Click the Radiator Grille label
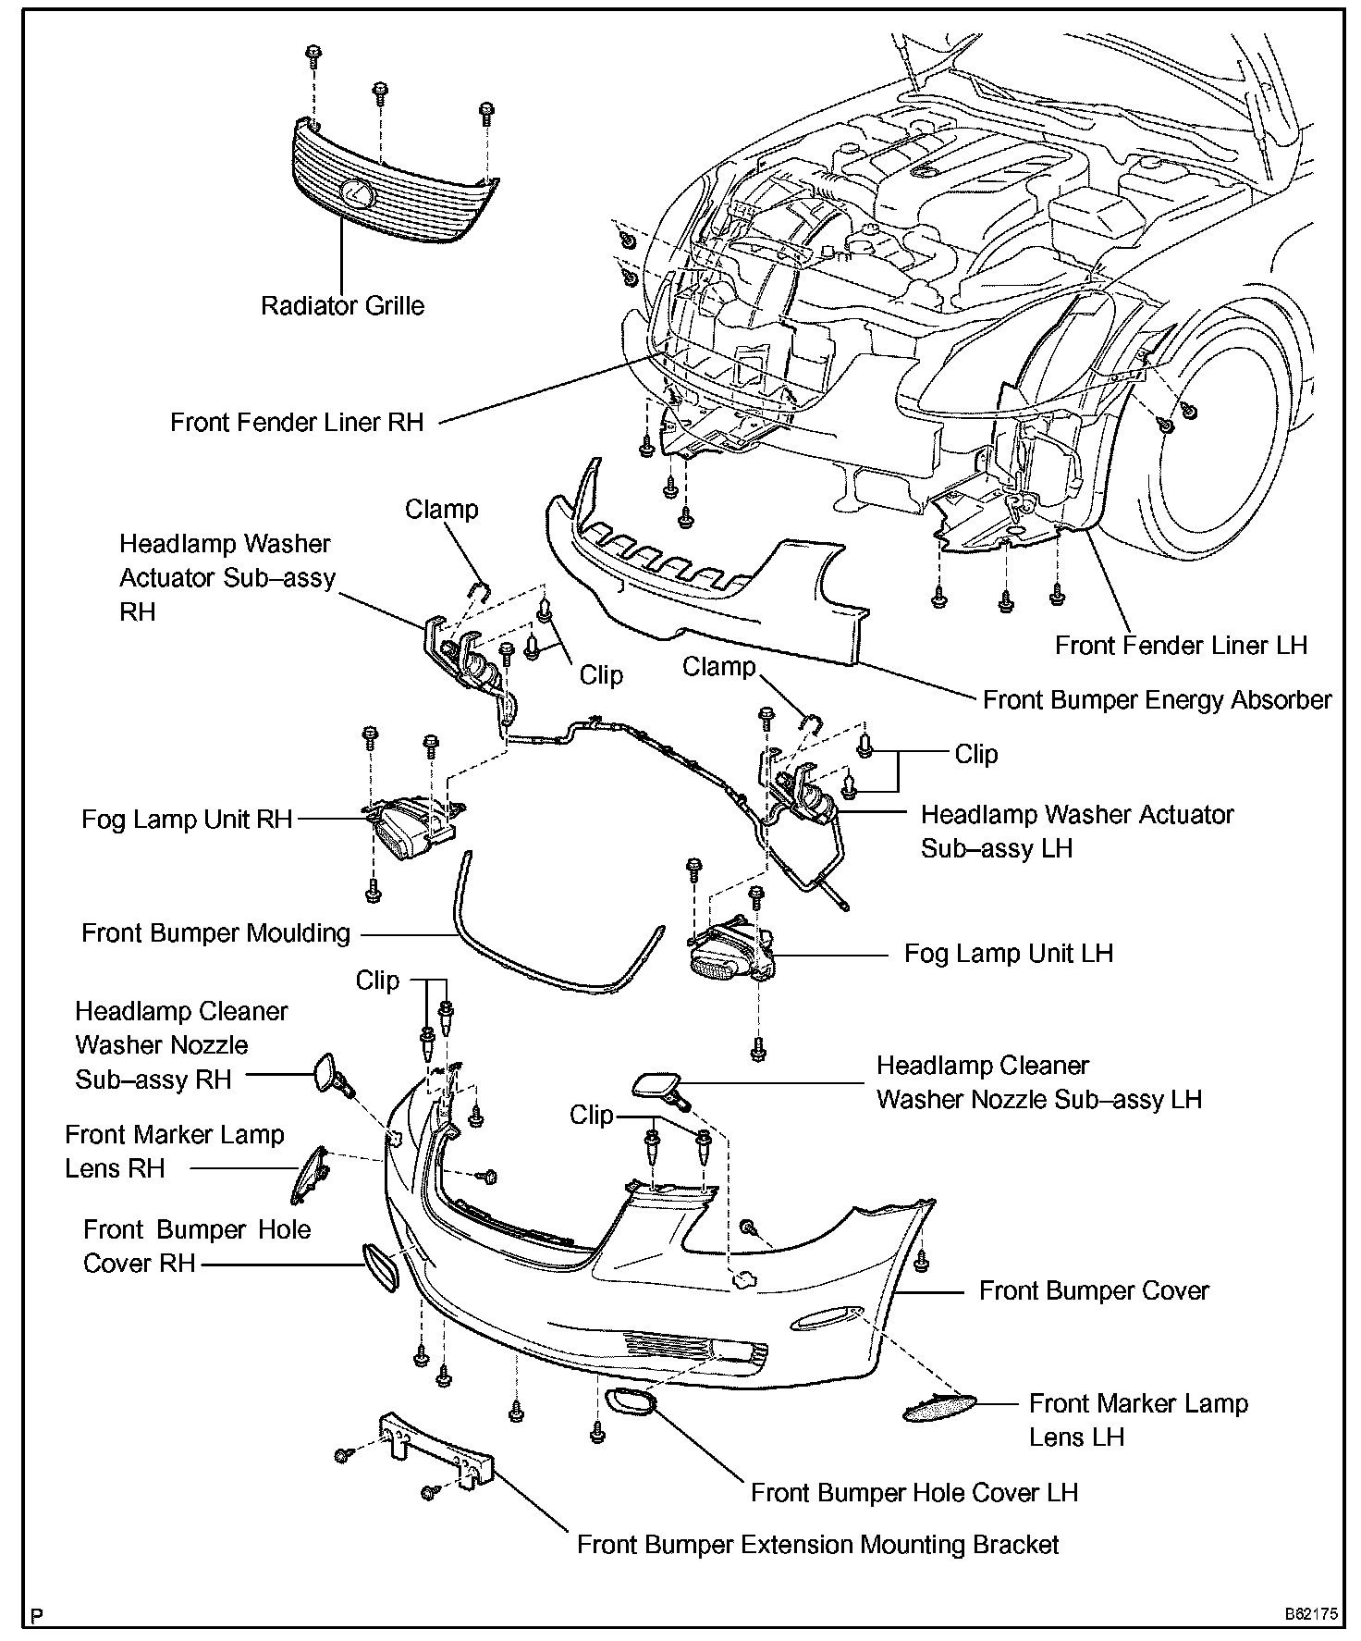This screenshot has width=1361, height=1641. click(x=342, y=305)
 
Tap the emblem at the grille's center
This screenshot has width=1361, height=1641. click(x=356, y=193)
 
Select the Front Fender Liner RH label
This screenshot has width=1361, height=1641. click(x=296, y=423)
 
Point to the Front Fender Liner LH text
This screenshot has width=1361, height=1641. click(x=1181, y=645)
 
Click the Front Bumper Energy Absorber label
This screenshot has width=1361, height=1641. click(x=1157, y=699)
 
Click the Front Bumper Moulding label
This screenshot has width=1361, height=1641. click(x=215, y=932)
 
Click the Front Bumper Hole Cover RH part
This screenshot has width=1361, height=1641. click(x=378, y=1266)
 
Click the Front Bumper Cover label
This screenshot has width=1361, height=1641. click(x=1094, y=1290)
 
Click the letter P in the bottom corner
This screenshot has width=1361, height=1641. click(x=37, y=1617)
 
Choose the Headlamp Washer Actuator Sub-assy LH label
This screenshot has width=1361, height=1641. click(x=1077, y=831)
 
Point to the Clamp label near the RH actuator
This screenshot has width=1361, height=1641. click(x=441, y=510)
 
